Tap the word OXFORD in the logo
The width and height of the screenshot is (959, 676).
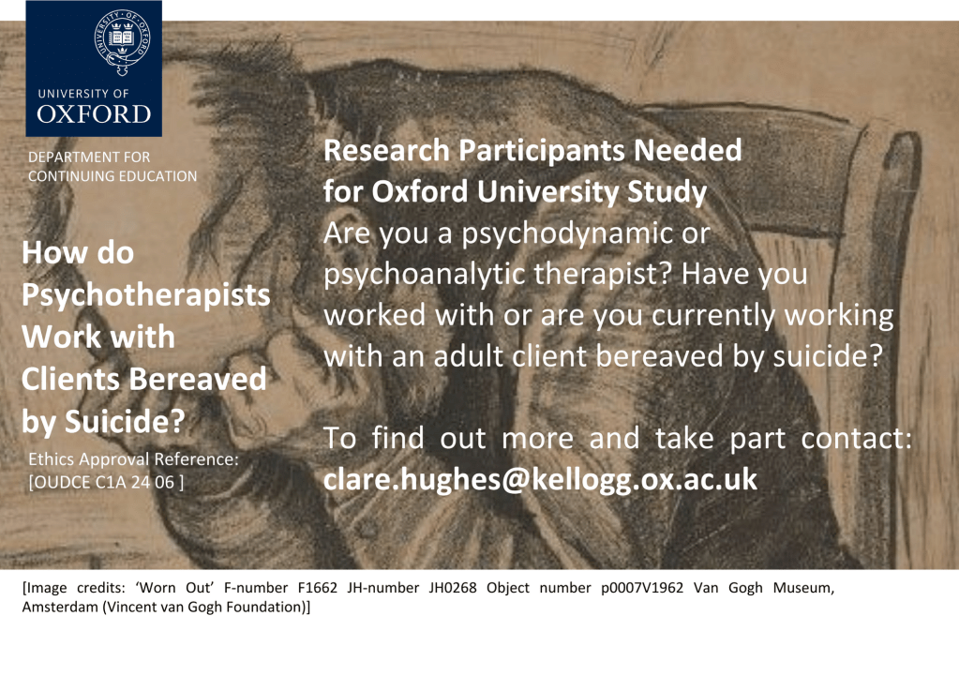point(94,114)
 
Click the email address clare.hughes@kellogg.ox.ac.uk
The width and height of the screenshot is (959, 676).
point(540,480)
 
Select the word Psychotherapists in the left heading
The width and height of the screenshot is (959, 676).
point(145,295)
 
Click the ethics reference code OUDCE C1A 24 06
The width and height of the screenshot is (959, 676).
point(106,482)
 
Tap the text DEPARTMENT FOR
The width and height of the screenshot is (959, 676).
point(89,158)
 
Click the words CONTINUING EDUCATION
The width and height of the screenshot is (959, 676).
point(112,176)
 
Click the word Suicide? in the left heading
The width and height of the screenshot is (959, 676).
point(125,421)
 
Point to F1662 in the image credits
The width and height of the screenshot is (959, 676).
point(318,588)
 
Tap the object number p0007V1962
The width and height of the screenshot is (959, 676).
point(642,588)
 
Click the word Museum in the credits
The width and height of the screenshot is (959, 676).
point(803,588)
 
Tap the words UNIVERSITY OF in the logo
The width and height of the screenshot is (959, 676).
point(83,94)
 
